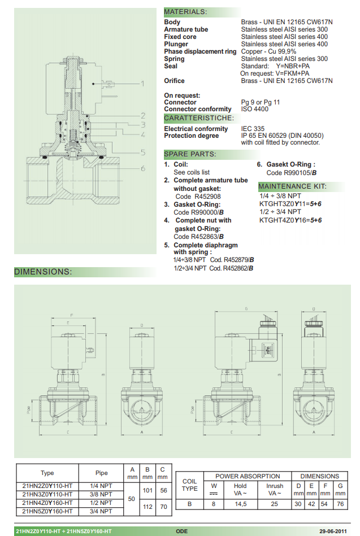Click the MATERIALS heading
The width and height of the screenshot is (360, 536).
click(185, 12)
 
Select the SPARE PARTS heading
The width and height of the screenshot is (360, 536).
click(189, 154)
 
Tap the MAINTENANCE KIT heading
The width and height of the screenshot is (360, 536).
click(292, 186)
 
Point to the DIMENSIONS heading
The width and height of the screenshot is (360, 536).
click(43, 272)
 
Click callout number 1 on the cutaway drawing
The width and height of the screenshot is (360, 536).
click(142, 83)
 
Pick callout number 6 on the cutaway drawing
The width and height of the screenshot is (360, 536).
click(144, 168)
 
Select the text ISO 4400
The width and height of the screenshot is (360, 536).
click(255, 109)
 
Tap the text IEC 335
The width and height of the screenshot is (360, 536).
click(253, 129)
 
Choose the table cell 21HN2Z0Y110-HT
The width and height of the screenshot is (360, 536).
click(47, 485)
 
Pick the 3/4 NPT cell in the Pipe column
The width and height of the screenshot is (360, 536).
click(102, 511)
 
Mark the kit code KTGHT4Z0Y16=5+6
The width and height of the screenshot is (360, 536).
click(290, 220)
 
